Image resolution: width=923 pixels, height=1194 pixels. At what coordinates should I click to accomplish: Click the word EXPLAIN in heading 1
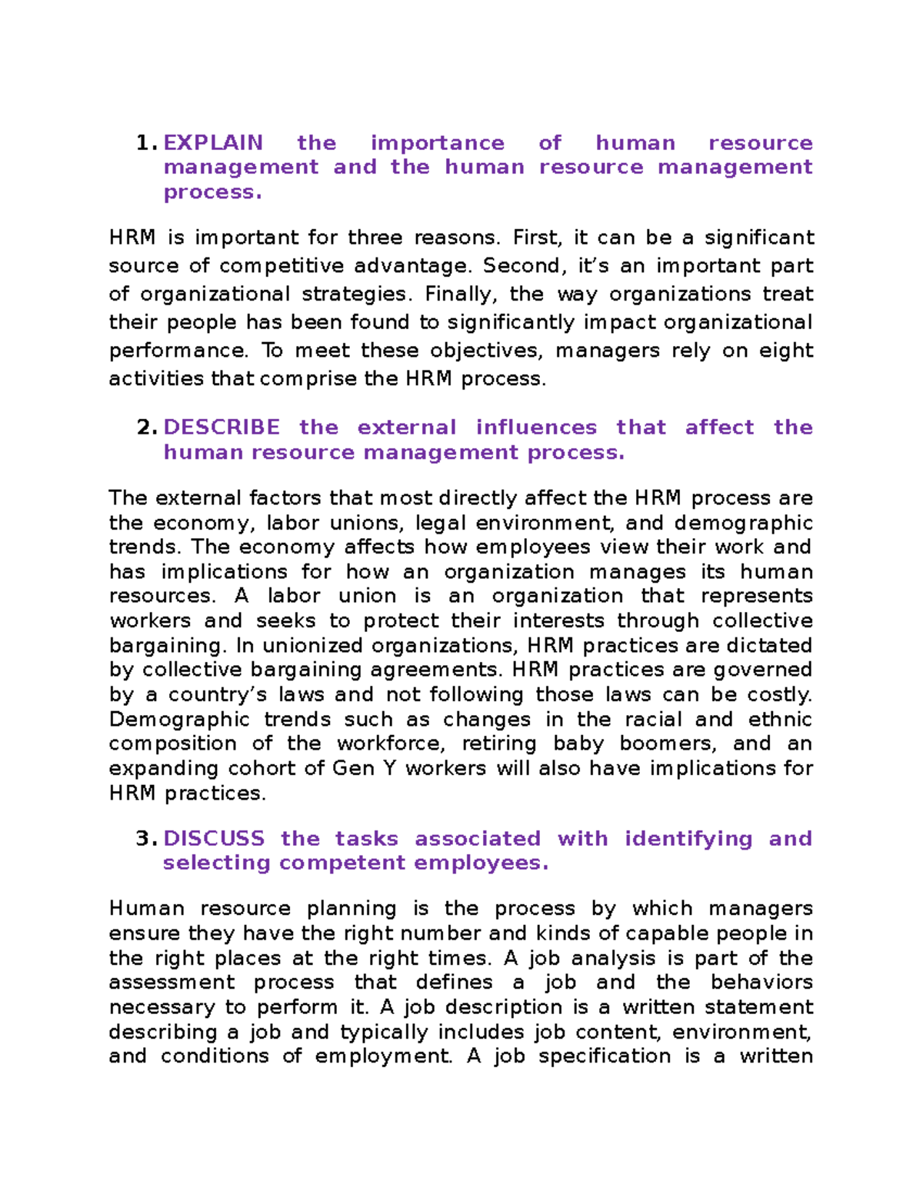coord(213,143)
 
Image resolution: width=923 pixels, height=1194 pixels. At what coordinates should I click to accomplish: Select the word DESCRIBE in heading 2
coord(222,427)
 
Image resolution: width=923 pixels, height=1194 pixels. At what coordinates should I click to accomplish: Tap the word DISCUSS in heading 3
coord(214,838)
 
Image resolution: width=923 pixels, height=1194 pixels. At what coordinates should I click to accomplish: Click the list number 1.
coord(145,143)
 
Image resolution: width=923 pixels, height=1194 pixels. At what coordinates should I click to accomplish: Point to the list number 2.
coord(146,427)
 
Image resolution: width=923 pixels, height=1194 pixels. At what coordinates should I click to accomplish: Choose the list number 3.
coord(146,838)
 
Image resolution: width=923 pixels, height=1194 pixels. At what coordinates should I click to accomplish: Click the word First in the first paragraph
coord(531,238)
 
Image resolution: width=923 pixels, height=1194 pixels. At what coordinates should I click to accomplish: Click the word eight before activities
coord(786,351)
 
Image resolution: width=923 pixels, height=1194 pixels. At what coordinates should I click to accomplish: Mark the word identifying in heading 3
coord(688,839)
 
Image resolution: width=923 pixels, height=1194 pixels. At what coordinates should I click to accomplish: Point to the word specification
coord(605,1056)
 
